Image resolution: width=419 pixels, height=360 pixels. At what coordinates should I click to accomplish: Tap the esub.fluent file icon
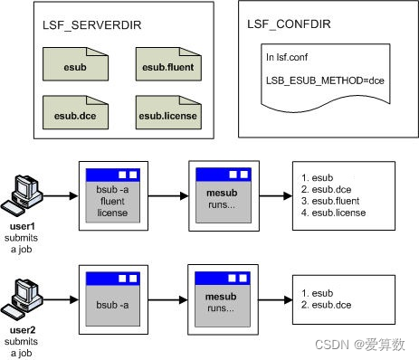(167, 65)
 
